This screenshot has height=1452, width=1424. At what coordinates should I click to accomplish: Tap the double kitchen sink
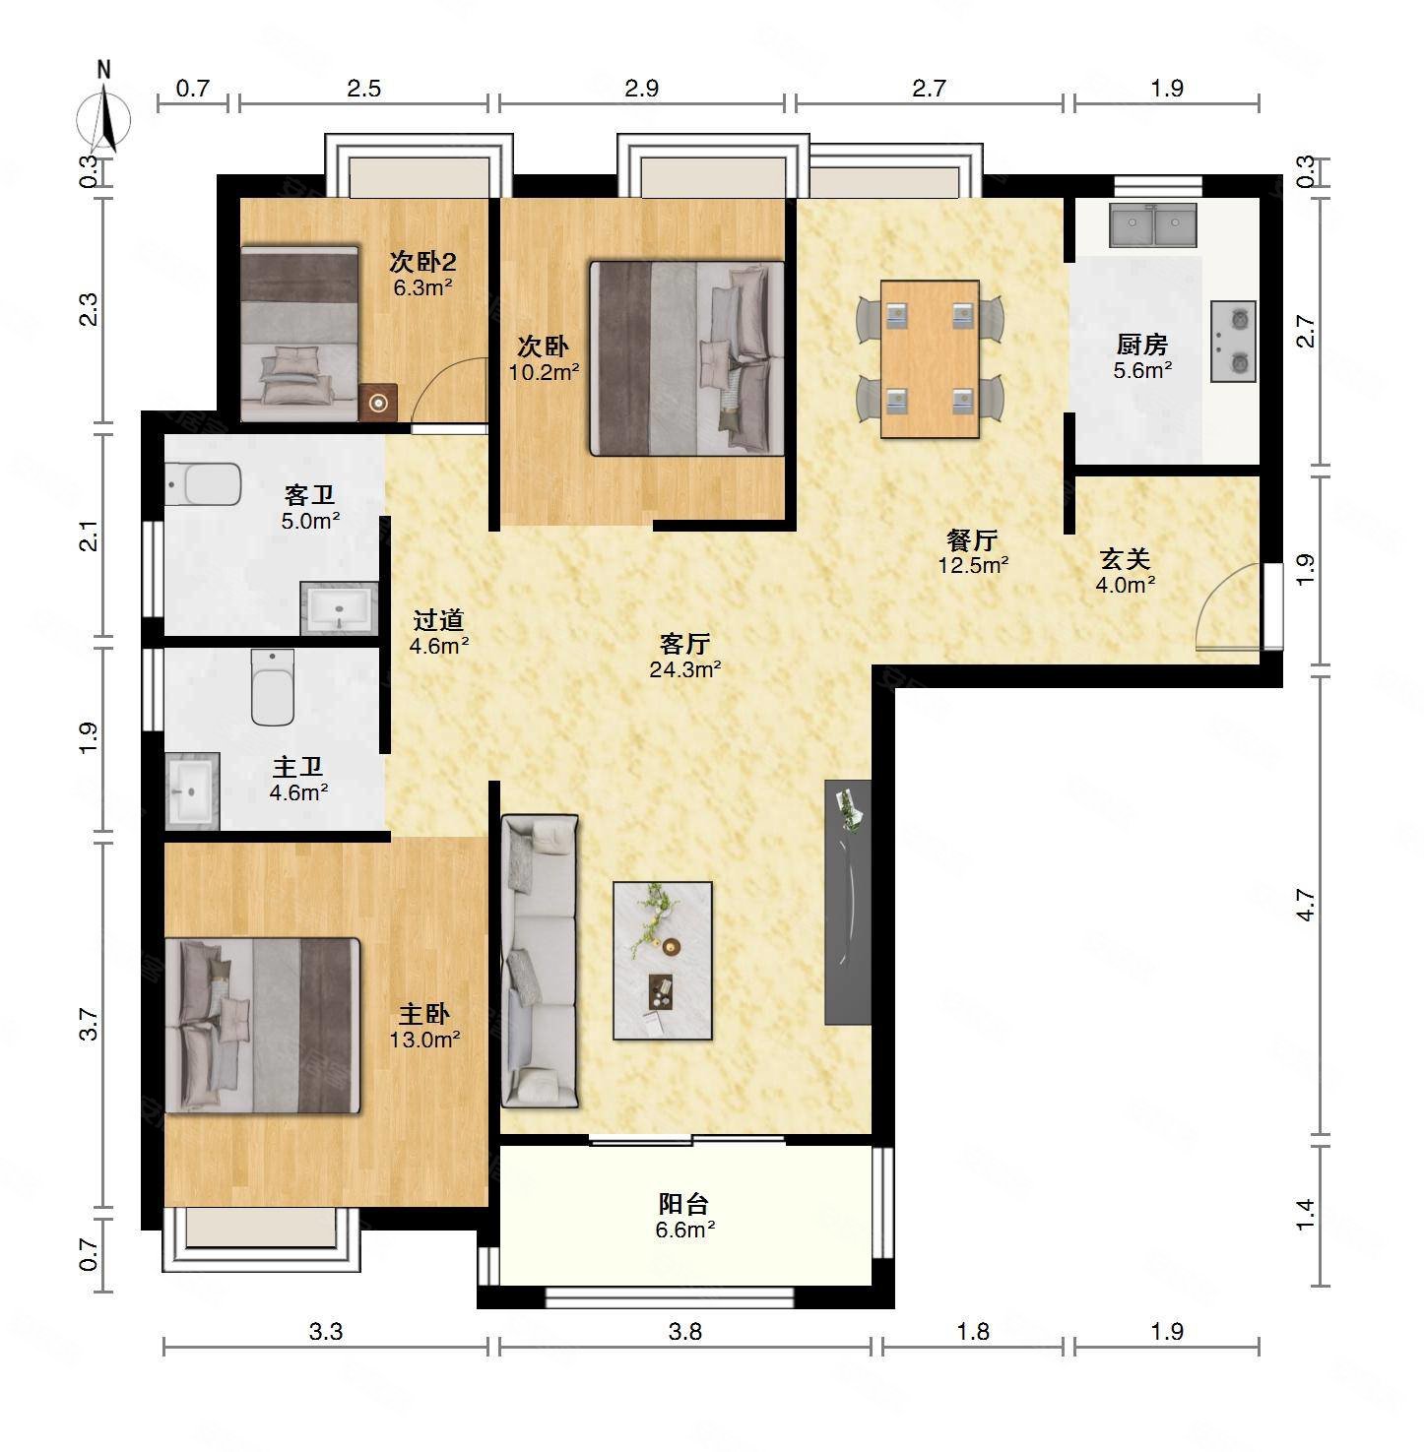click(1153, 225)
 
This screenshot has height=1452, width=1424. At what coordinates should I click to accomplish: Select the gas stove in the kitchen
click(1233, 341)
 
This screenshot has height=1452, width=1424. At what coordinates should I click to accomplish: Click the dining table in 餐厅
click(930, 359)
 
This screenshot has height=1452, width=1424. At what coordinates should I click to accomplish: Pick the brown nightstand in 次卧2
click(377, 402)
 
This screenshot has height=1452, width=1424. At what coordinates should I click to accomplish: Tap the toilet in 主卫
click(273, 686)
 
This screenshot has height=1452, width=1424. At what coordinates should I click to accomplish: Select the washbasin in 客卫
click(339, 606)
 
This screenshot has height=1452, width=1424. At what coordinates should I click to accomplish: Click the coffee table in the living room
click(663, 960)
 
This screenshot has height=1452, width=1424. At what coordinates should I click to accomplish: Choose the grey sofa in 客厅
click(539, 961)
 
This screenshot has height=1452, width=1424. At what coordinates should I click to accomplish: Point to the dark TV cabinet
click(848, 902)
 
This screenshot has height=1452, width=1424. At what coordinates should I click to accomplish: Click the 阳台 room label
click(683, 1203)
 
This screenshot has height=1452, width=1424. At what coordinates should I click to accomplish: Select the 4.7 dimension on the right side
click(1305, 905)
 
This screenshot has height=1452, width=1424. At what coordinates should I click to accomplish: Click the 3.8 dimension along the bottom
click(685, 1332)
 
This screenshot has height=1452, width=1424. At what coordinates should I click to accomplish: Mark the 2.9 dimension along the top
click(641, 89)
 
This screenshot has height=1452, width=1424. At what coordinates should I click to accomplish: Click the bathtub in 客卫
click(203, 483)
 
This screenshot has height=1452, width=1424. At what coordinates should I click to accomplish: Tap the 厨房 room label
click(1142, 345)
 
